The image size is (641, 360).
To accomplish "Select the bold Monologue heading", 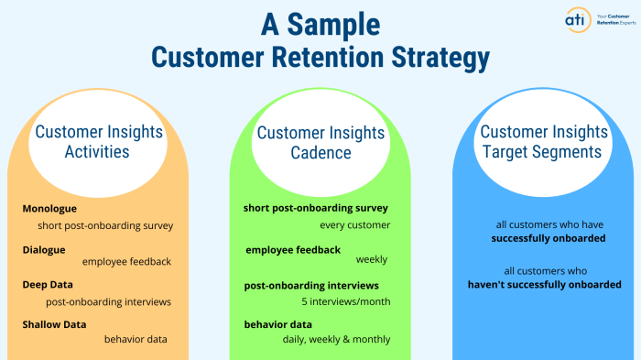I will [x=49, y=209].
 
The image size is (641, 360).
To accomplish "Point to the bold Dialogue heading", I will [x=44, y=248].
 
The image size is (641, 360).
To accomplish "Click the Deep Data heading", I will [x=48, y=285].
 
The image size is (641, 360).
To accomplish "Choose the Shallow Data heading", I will [x=55, y=324].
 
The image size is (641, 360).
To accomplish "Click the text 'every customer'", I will [x=355, y=224].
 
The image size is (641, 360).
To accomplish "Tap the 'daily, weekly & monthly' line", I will [x=336, y=339].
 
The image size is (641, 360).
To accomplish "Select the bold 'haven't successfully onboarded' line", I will [x=544, y=285].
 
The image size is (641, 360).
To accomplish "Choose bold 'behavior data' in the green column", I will [x=278, y=324].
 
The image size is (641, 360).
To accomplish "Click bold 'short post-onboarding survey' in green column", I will [x=317, y=208].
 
